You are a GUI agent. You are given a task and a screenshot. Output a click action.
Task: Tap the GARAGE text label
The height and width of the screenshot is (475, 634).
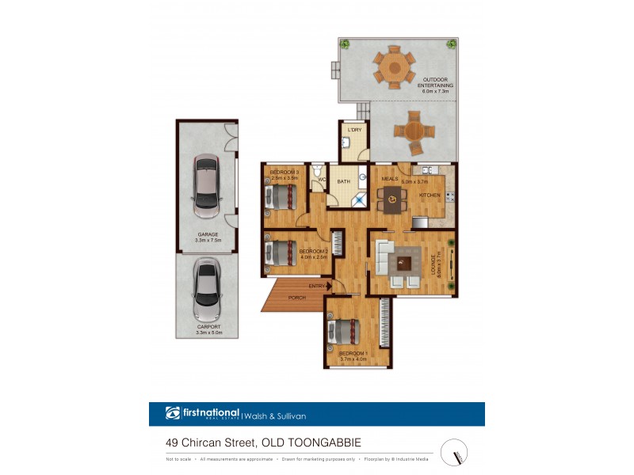tap(208, 234)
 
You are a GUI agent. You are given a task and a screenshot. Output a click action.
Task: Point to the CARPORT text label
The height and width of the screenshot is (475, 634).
tap(208, 327)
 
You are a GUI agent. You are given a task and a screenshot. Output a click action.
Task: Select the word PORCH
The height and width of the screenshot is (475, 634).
tap(298, 298)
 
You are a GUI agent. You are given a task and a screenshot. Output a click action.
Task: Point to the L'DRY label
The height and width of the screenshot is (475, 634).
tap(354, 129)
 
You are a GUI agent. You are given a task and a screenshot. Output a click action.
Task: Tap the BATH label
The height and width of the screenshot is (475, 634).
tap(343, 182)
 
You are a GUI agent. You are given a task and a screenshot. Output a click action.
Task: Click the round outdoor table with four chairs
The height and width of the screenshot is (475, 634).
tap(413, 131)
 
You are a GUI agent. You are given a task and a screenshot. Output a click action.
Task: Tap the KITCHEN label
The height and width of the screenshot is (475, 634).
tap(430, 195)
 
